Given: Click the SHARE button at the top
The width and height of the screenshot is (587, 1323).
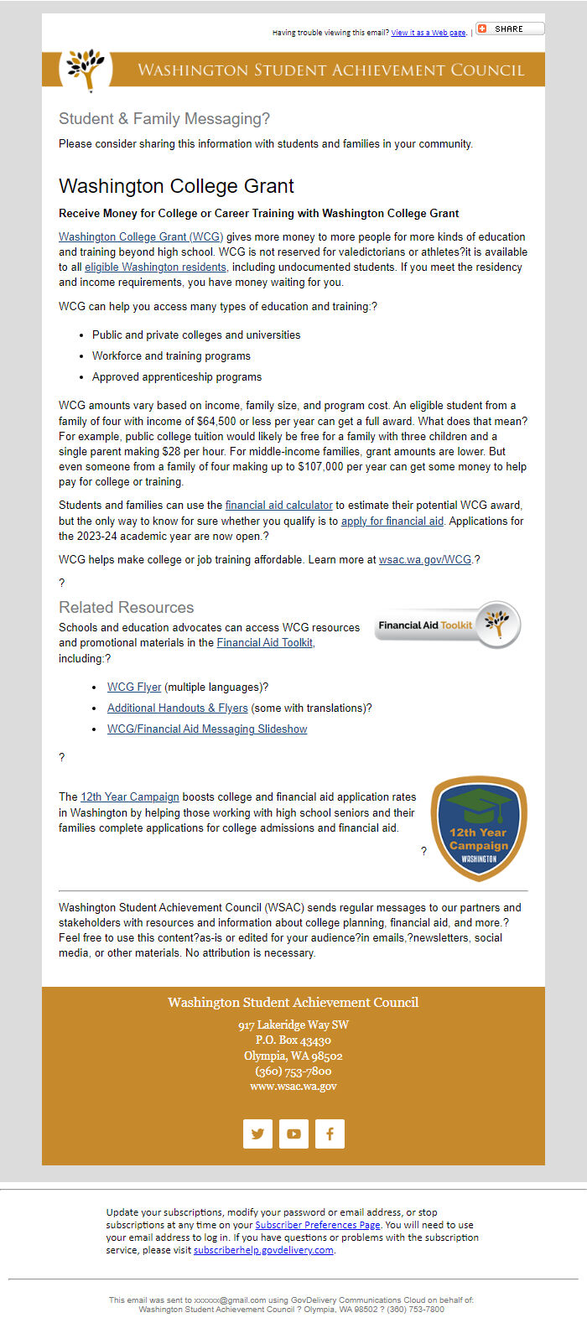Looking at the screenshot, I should (x=510, y=29).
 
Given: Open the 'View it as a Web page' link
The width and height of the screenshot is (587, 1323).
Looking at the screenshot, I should (x=428, y=33).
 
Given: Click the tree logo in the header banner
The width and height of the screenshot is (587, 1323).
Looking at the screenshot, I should (x=86, y=70).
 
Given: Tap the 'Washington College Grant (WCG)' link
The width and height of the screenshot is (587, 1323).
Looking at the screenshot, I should (x=141, y=237).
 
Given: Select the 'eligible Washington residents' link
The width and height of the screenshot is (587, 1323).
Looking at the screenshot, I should (x=155, y=267).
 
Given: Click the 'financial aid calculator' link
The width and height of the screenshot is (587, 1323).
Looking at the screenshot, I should (x=278, y=506).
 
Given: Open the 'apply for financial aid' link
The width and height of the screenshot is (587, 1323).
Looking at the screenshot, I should (x=392, y=521).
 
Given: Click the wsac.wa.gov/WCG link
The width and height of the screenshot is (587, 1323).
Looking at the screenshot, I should (x=425, y=559).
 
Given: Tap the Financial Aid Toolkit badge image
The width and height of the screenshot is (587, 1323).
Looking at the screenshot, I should (x=448, y=625).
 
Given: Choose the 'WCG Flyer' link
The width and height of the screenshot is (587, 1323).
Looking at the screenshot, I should (x=134, y=687).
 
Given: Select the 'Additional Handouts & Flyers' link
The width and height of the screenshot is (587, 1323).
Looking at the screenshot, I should (x=177, y=708).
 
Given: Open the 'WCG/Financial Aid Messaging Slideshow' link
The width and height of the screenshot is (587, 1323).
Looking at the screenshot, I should (x=207, y=729).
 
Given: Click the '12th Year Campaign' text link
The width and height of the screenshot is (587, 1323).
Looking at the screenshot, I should (x=130, y=797).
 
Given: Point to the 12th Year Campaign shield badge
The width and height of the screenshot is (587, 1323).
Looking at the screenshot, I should (x=479, y=829).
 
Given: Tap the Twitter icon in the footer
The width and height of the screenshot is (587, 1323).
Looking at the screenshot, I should (x=257, y=1134).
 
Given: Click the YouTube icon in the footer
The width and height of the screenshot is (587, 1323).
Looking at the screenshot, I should (x=293, y=1134).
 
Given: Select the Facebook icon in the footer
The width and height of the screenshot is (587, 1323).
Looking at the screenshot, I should (x=330, y=1134).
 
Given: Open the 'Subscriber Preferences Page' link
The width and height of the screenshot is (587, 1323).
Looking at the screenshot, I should (x=318, y=1225).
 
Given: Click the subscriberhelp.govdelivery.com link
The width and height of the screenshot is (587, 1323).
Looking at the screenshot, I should (x=263, y=1250).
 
